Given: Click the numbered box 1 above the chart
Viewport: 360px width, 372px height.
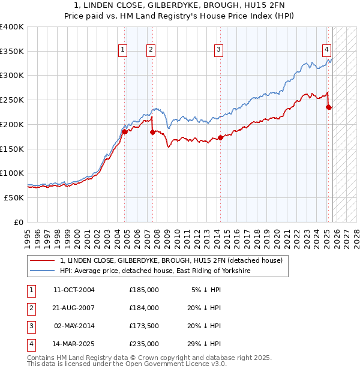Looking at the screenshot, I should pyautogui.click(x=122, y=50).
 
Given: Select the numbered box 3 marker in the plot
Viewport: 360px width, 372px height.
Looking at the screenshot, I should pyautogui.click(x=219, y=50).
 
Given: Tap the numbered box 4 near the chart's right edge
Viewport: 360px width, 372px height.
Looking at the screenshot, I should pyautogui.click(x=326, y=50).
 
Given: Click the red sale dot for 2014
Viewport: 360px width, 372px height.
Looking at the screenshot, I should pyautogui.click(x=220, y=137).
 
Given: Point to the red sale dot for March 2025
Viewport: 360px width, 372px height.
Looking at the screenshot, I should pyautogui.click(x=328, y=107).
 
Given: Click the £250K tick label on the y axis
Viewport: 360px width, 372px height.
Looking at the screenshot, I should pyautogui.click(x=12, y=100).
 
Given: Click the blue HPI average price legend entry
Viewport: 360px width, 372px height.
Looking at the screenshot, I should pyautogui.click(x=155, y=271).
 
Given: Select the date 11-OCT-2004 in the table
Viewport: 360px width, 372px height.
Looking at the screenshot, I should pyautogui.click(x=74, y=290).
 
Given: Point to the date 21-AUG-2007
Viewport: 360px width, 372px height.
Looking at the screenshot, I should pyautogui.click(x=74, y=308).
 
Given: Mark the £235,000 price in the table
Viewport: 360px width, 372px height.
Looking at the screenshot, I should pyautogui.click(x=144, y=344).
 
